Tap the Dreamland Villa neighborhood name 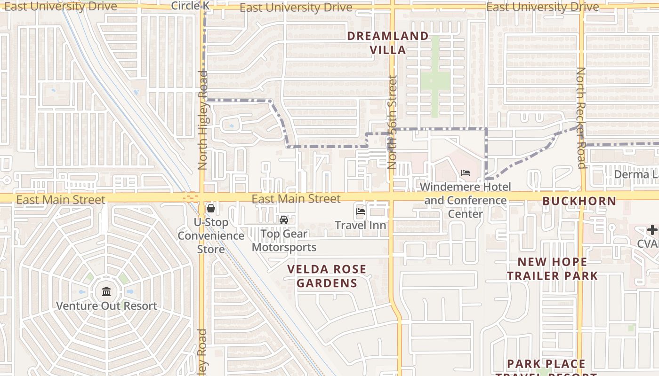[x=388, y=43]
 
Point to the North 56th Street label [x=392, y=122]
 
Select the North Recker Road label [x=581, y=117]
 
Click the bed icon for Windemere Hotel [x=466, y=173]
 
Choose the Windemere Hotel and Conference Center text [x=465, y=200]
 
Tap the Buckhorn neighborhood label [x=579, y=201]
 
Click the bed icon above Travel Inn [x=361, y=211]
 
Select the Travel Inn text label [x=361, y=226]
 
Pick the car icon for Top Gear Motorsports [x=284, y=219]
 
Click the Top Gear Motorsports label [x=284, y=240]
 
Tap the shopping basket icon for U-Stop [x=211, y=208]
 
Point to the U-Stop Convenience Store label [x=211, y=235]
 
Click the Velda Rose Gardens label [x=327, y=276]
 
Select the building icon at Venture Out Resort [x=106, y=291]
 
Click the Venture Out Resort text [x=106, y=306]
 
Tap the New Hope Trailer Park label [x=552, y=268]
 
